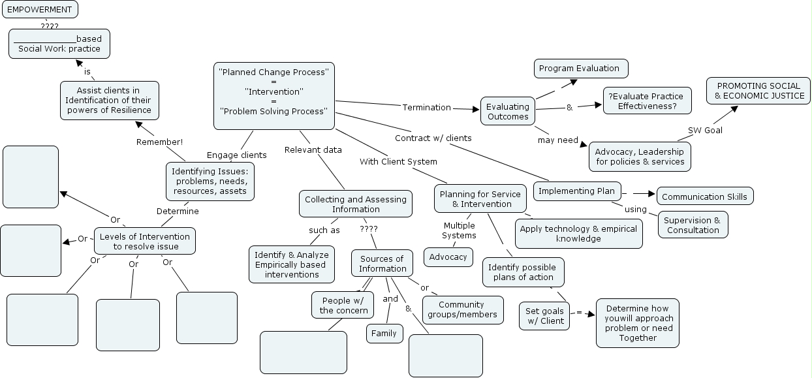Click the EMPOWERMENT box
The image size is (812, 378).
point(40,9)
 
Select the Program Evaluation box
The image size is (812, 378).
point(580,68)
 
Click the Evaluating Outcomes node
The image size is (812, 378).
point(508,112)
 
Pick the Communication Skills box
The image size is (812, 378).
point(705,197)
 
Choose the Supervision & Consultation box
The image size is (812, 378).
point(693,225)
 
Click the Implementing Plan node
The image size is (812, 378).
point(577,191)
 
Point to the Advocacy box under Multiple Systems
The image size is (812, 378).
point(448,257)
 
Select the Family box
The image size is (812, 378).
point(384,333)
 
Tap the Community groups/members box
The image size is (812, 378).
point(463,309)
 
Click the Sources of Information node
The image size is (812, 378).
point(383,263)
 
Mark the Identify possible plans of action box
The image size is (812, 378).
point(523,272)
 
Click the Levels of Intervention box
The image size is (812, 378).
point(145,241)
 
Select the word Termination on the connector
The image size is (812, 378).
point(426,107)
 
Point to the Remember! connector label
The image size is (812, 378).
point(159,142)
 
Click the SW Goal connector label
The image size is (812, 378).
point(705,130)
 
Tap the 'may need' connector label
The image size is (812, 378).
point(558,140)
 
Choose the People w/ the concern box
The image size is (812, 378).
point(343,305)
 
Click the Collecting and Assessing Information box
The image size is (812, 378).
point(356,204)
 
